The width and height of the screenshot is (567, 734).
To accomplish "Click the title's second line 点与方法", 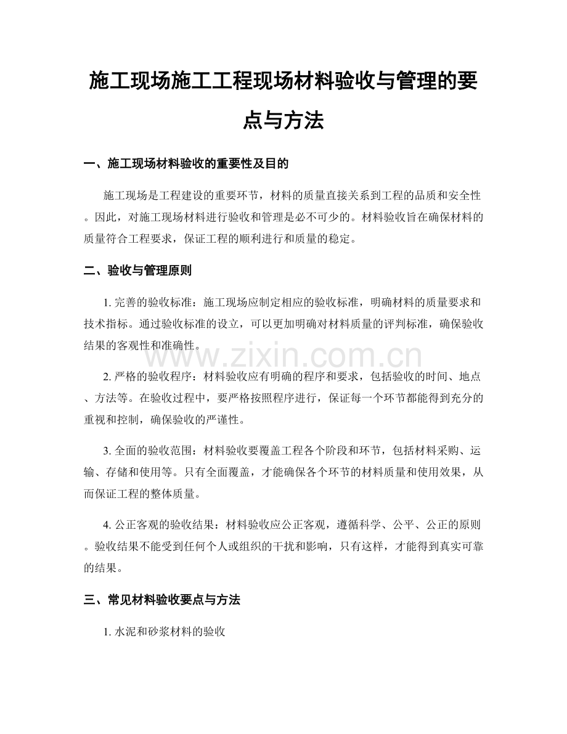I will (x=283, y=120).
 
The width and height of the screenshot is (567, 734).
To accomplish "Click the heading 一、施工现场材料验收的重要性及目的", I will (x=186, y=164).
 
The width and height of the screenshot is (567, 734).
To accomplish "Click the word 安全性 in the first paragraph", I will (x=463, y=196).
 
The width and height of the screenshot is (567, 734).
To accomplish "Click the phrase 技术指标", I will (x=104, y=323).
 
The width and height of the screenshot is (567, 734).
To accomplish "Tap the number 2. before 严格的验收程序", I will (x=107, y=375).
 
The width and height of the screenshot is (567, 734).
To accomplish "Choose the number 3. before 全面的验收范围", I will (x=107, y=451).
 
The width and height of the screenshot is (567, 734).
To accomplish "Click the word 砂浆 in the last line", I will (x=160, y=632).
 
